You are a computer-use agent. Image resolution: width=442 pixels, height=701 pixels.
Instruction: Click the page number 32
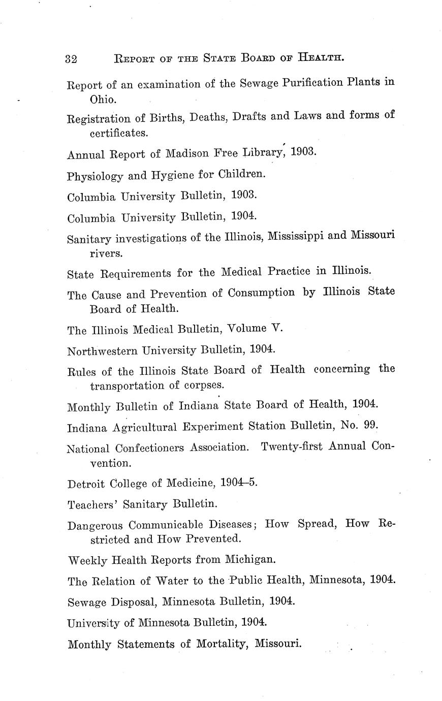(71, 58)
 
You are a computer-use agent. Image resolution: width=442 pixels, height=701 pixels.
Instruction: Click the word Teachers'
(92, 504)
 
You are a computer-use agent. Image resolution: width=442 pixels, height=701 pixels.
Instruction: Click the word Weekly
(87, 560)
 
